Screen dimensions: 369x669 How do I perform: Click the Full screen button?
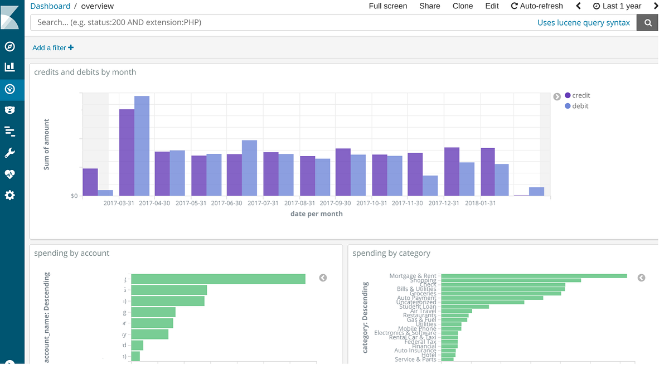tap(387, 6)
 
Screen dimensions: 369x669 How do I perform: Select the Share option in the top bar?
tap(429, 6)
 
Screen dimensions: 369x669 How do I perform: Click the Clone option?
tap(462, 6)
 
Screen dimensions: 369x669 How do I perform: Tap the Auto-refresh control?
tap(536, 6)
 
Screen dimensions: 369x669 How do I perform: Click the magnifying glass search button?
tap(647, 23)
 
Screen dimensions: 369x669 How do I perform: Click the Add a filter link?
tap(53, 48)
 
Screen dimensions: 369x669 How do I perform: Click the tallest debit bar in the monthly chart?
tap(142, 146)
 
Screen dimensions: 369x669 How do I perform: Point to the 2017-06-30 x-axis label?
tap(226, 203)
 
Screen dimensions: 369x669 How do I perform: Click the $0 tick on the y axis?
tap(74, 196)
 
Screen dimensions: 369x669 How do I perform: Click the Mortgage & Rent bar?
tap(534, 276)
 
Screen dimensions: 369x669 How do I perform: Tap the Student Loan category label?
tap(418, 307)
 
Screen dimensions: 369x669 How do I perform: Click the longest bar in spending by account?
tap(218, 279)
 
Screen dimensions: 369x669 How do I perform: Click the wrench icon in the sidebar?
tap(9, 153)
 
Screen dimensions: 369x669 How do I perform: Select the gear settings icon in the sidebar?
tap(9, 196)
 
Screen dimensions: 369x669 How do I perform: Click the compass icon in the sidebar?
tap(9, 46)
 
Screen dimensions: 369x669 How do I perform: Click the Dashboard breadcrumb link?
tap(50, 6)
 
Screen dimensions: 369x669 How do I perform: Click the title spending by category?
tap(391, 253)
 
